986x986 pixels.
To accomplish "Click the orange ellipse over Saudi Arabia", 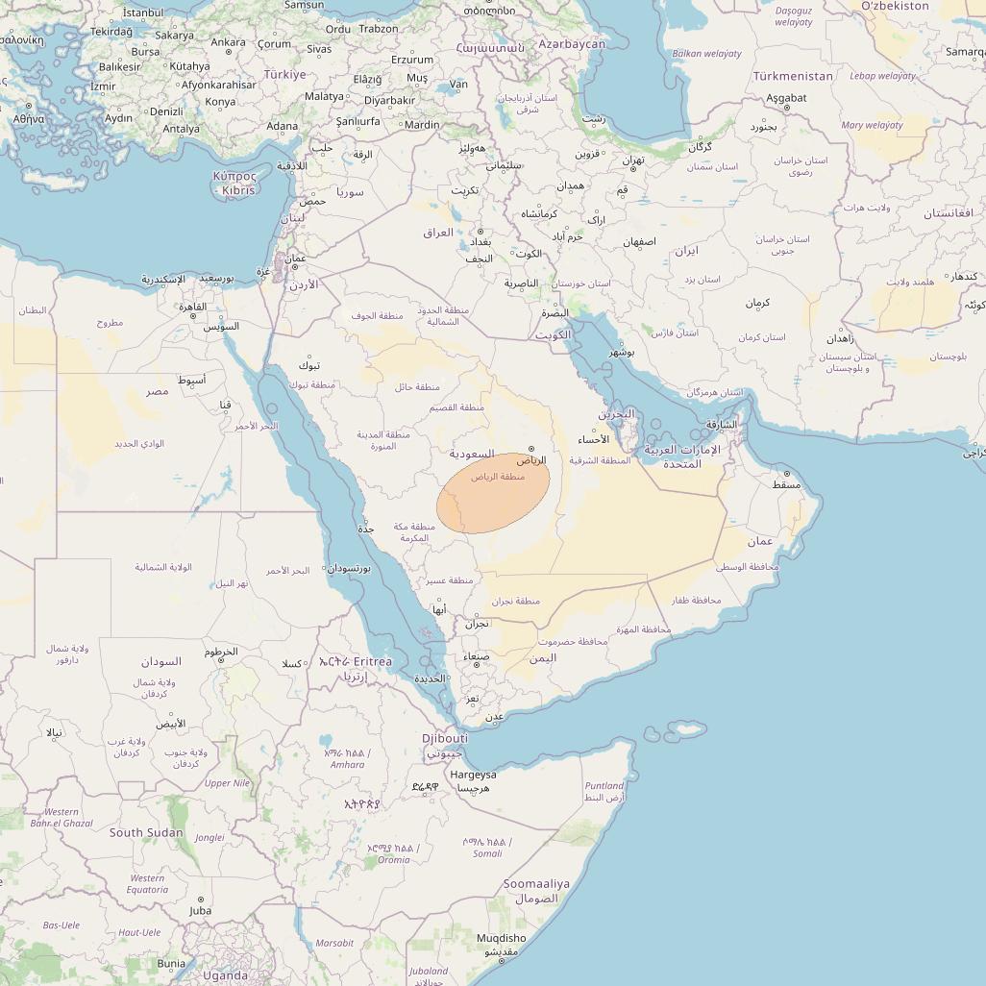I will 493,493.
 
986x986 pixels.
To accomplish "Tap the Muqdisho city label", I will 502,938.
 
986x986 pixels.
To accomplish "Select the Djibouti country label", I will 445,738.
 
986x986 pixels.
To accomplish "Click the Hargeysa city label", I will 474,775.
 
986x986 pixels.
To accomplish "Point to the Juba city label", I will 200,910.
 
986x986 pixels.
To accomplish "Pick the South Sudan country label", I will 146,832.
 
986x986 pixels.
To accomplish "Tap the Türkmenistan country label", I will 793,75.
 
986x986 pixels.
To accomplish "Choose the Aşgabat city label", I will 786,98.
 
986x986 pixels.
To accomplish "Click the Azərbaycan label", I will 572,44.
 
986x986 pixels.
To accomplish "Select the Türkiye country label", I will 284,74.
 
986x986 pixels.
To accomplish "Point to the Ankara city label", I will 228,42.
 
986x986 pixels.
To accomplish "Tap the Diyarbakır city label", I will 389,100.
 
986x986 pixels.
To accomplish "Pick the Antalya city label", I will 182,129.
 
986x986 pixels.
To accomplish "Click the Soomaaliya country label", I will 536,883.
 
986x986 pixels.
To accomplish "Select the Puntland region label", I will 604,785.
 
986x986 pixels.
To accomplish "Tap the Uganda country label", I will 225,974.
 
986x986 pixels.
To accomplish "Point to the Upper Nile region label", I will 227,783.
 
